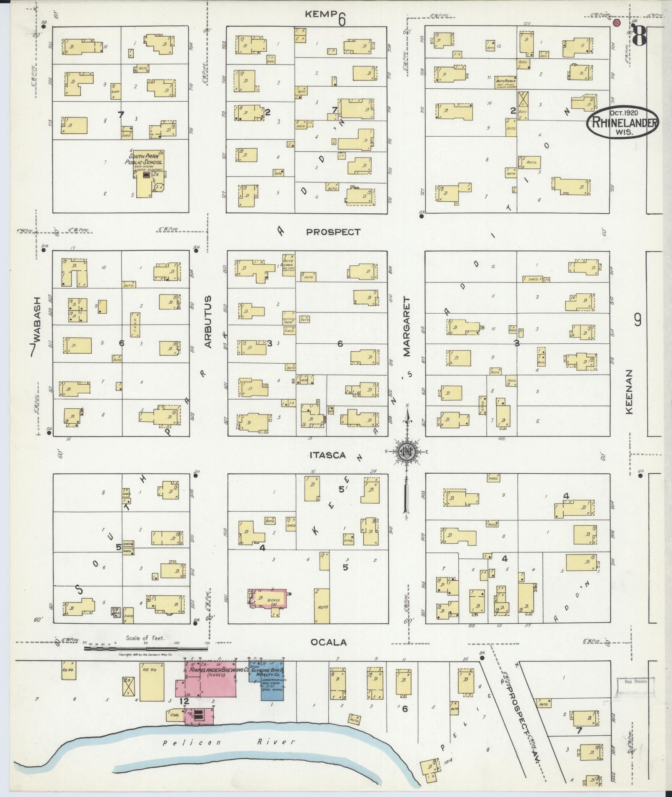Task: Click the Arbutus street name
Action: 208,322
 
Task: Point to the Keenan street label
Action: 629,391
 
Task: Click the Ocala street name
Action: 328,642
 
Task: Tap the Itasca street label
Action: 327,455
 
